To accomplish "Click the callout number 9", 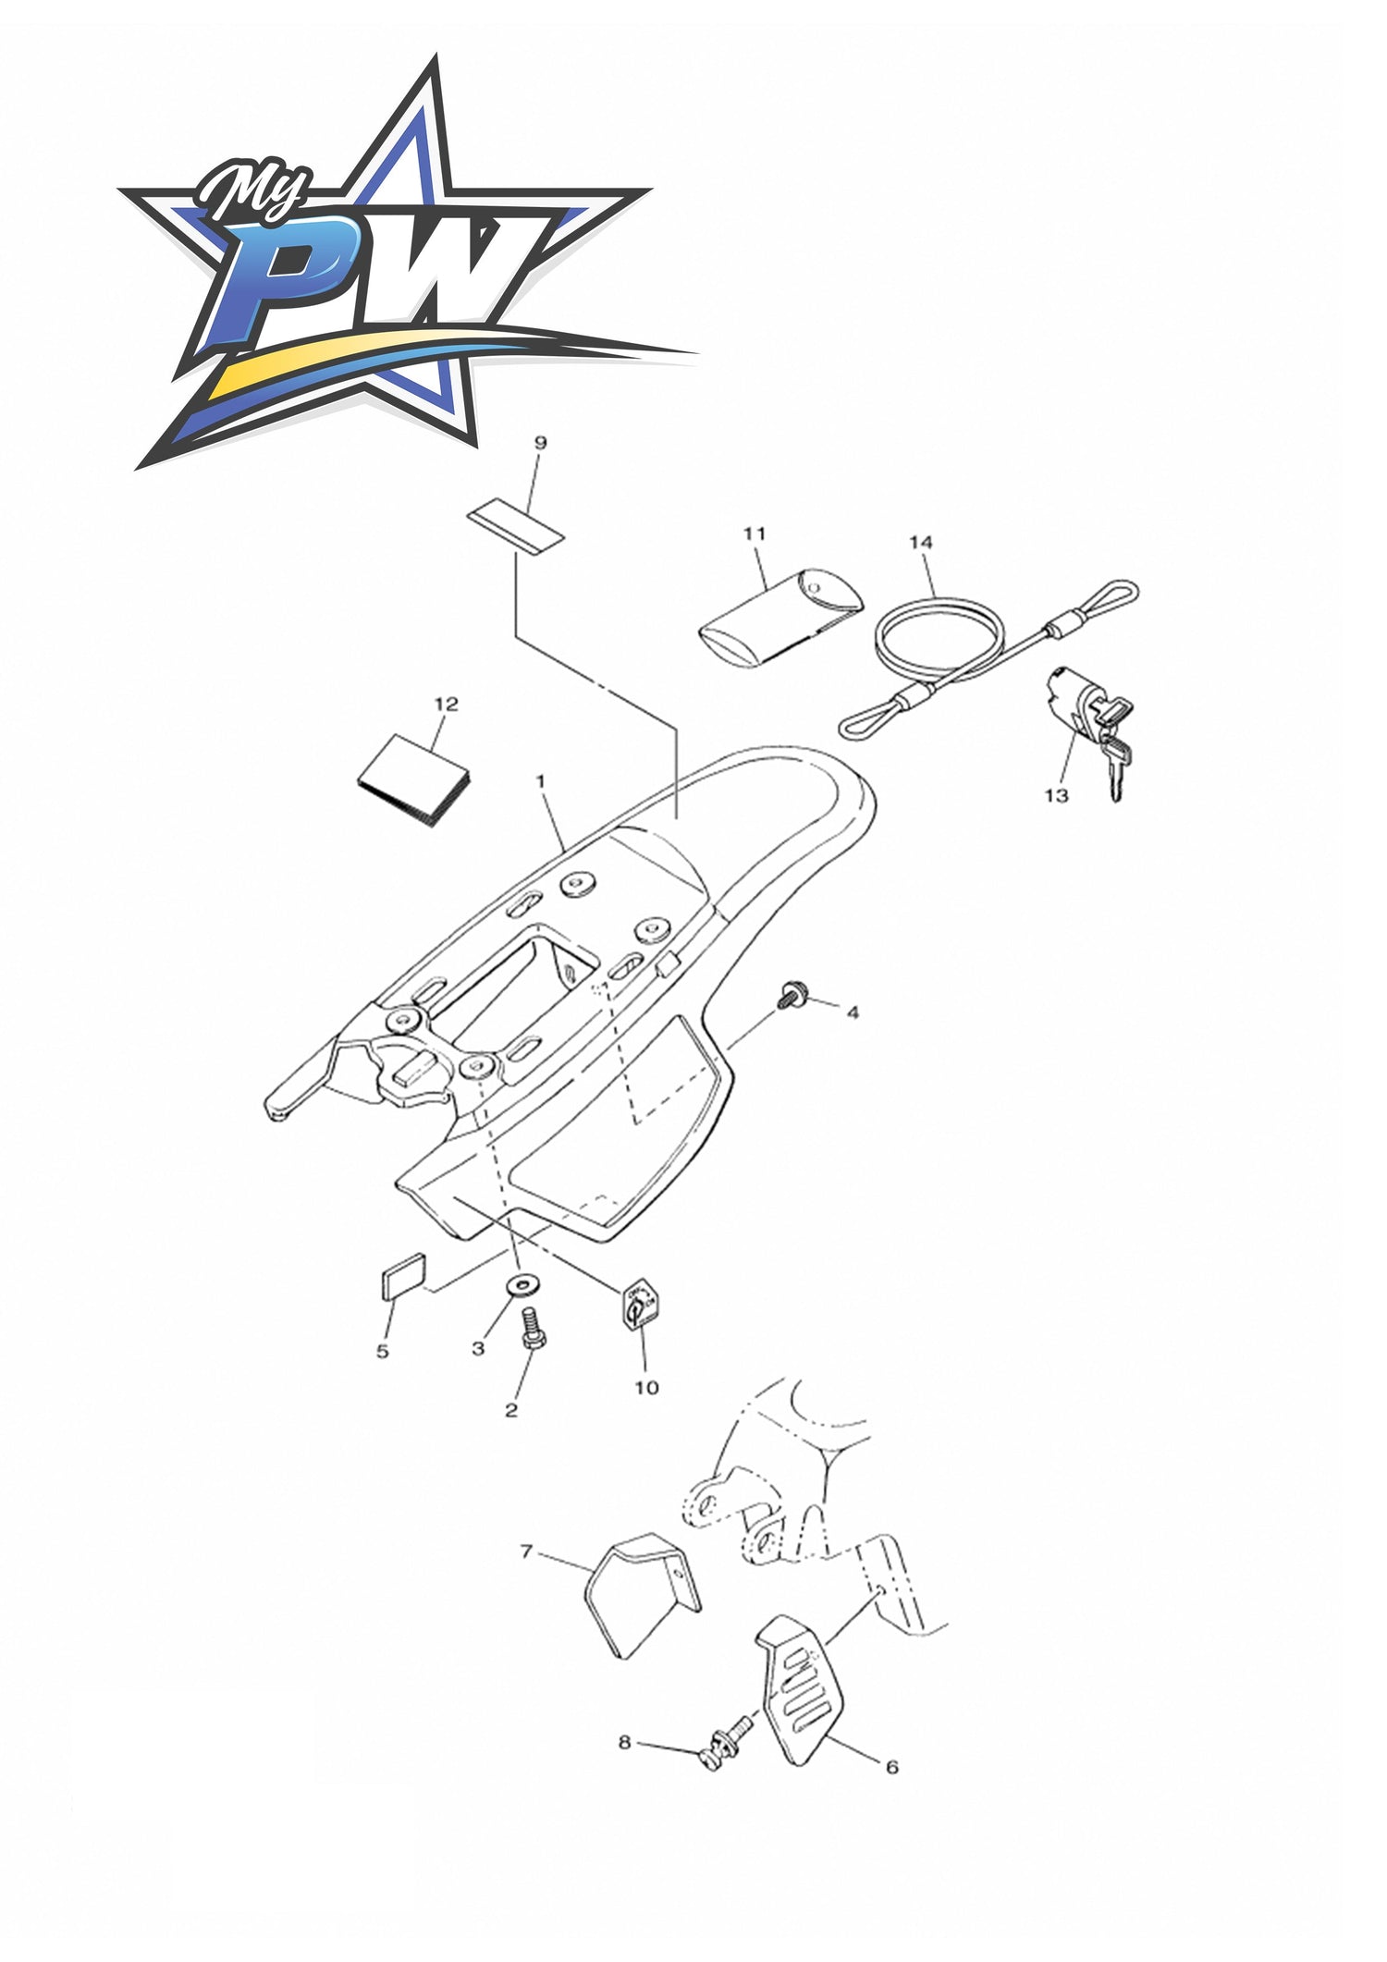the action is click(x=541, y=443).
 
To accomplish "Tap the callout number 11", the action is click(x=755, y=533).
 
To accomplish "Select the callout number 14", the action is click(x=921, y=542).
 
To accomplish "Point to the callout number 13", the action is click(x=1056, y=795).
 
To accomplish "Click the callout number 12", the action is click(x=446, y=704).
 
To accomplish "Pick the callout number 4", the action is click(x=853, y=1013).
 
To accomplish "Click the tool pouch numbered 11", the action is click(x=780, y=621).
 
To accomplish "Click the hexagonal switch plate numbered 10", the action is click(x=639, y=1308).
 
